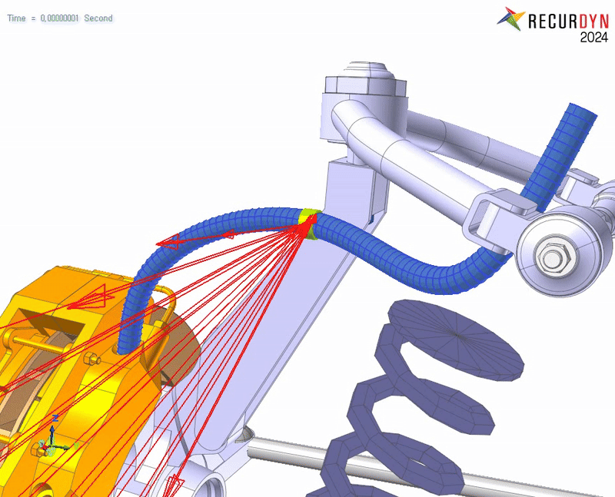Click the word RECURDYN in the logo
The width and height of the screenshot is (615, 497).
tap(568, 21)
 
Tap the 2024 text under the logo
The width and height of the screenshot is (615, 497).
tap(594, 38)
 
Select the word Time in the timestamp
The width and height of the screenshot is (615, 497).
tap(16, 18)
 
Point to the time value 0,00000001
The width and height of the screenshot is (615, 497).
tap(60, 18)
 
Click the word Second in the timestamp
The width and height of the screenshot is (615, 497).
tap(98, 18)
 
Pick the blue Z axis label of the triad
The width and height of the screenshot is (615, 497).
tap(55, 418)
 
